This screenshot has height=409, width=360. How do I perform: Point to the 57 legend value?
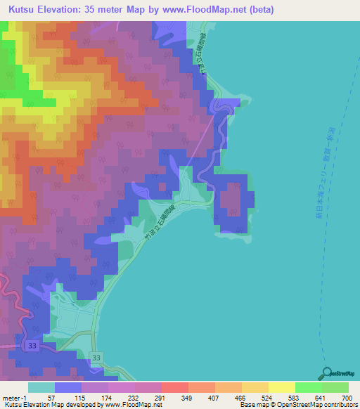[51, 398]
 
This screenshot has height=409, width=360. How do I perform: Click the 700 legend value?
[342, 398]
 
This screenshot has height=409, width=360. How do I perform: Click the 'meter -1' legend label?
[15, 398]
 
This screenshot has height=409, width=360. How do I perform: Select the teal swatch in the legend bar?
[41, 387]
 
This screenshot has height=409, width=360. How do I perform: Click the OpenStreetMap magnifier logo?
[327, 372]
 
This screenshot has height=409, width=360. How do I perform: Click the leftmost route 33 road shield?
[32, 346]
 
